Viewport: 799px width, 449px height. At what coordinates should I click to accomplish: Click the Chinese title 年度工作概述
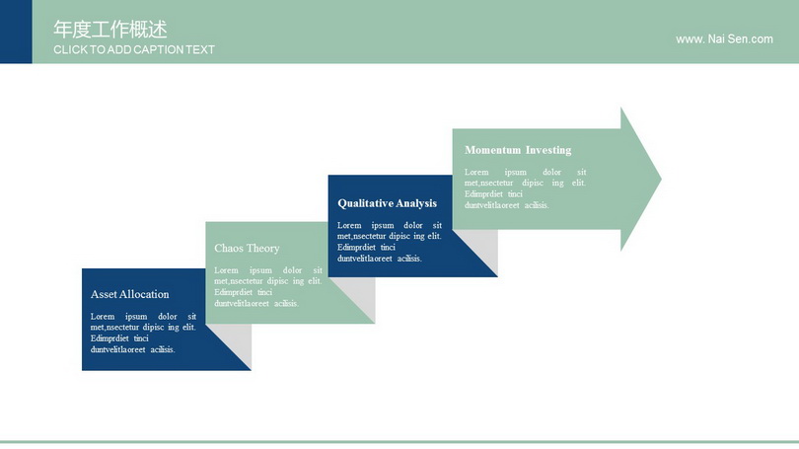click(x=110, y=30)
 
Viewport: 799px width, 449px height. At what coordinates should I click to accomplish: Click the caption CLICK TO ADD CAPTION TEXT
click(x=134, y=50)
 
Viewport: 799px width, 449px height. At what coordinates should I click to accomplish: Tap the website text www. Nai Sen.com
click(x=724, y=39)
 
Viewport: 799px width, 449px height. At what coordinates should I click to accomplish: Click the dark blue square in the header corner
click(x=16, y=32)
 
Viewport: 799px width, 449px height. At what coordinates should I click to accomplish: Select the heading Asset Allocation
click(x=130, y=294)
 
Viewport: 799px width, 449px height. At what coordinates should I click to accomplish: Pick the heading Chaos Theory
click(x=248, y=249)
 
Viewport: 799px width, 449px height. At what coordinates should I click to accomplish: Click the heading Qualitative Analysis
click(x=388, y=203)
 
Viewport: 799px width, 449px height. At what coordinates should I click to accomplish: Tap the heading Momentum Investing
click(x=518, y=150)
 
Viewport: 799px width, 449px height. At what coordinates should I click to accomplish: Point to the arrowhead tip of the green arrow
click(x=661, y=179)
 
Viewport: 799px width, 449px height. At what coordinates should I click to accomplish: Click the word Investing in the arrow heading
click(x=548, y=150)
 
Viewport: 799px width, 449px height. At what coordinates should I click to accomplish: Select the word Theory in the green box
click(x=263, y=249)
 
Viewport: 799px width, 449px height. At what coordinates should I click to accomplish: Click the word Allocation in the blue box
click(x=145, y=294)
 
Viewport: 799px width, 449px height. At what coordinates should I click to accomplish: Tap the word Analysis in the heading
click(x=416, y=203)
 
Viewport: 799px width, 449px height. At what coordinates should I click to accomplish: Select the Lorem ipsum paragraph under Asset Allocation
click(x=143, y=333)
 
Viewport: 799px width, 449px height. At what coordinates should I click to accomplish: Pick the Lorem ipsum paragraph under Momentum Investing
click(x=525, y=188)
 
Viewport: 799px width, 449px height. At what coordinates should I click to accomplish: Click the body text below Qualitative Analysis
click(x=390, y=242)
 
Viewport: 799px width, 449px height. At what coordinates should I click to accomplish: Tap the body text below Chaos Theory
click(x=268, y=286)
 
